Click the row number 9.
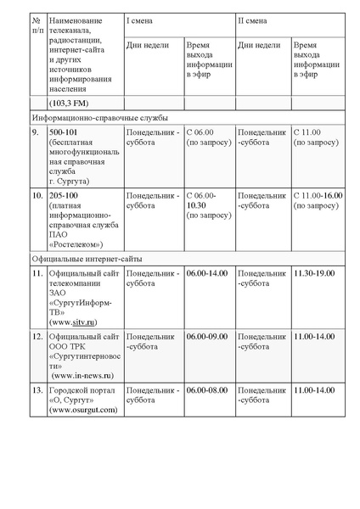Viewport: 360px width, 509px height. coord(35,133)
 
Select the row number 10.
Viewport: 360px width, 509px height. coord(37,196)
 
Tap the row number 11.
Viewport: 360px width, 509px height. coord(37,273)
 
